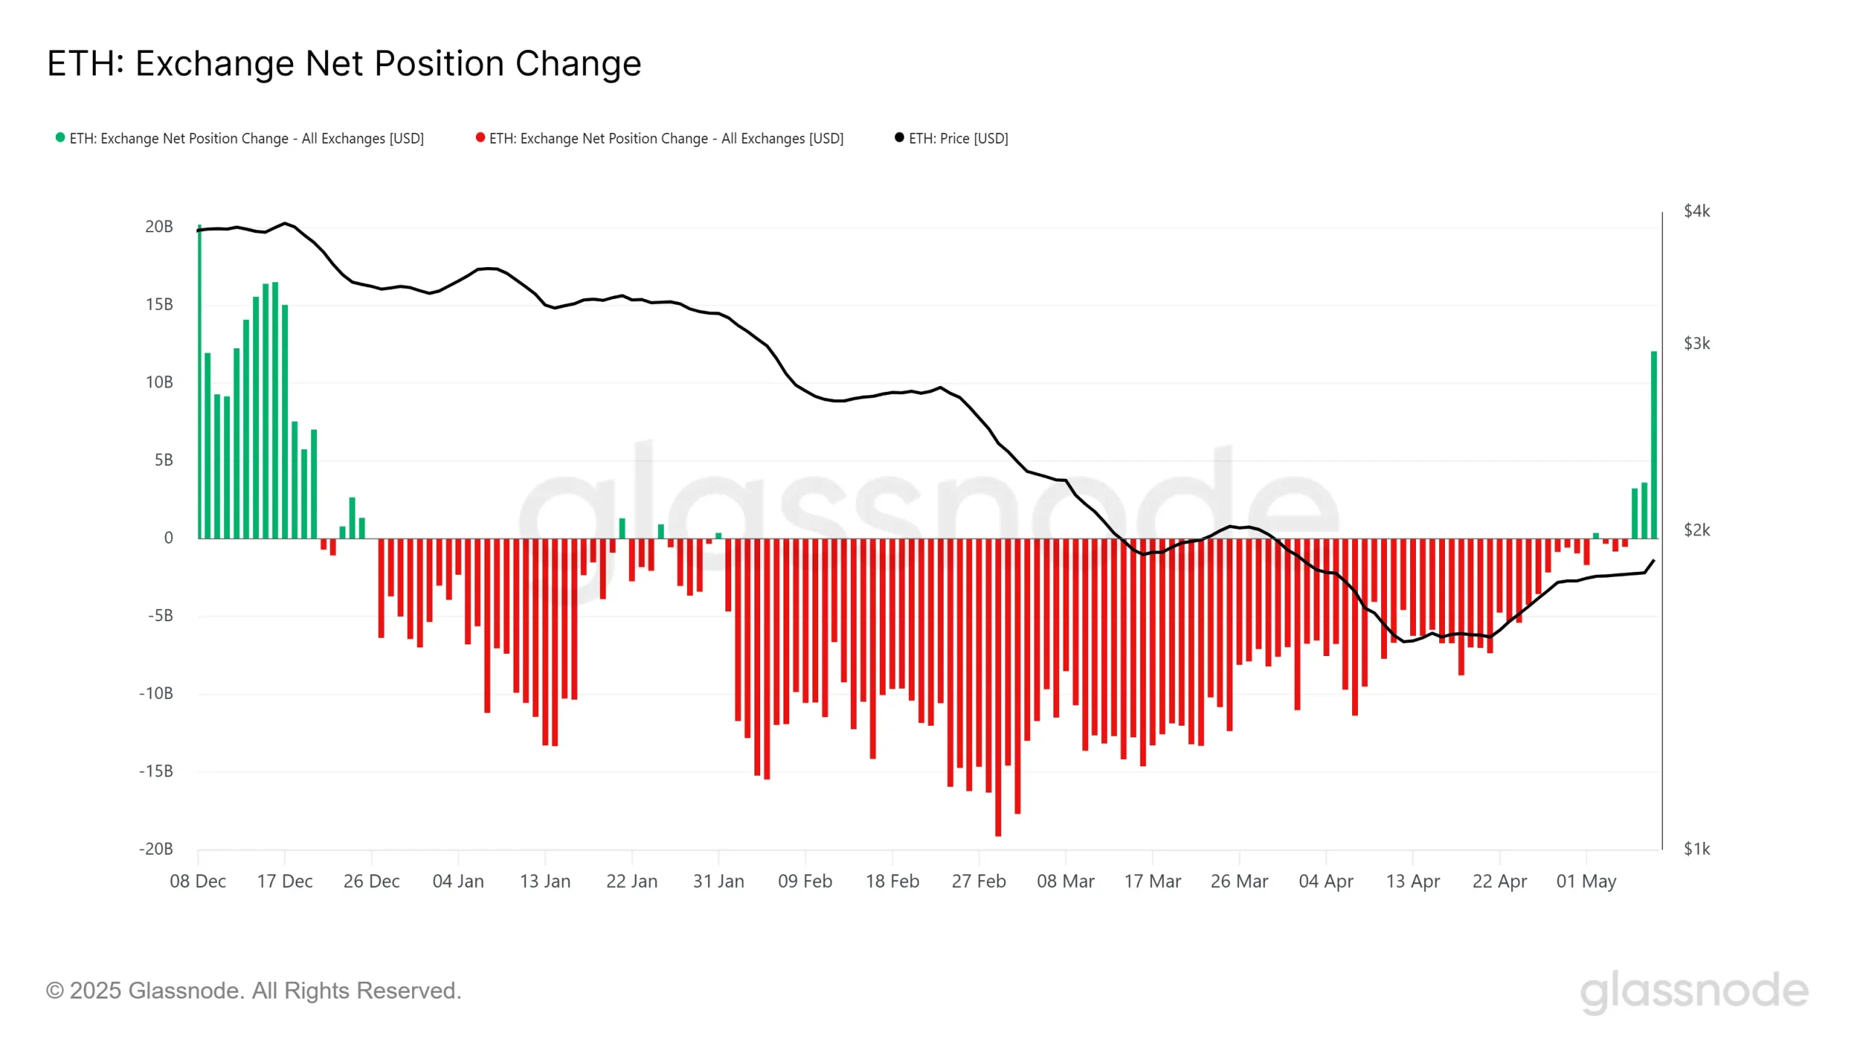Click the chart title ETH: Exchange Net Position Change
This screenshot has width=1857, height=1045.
coord(344,64)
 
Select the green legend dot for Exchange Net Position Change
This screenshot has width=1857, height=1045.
coord(60,138)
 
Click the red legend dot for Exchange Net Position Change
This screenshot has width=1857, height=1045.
coord(480,138)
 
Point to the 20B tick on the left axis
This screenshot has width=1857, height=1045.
coord(159,226)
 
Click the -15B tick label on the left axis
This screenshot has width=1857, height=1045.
coord(156,771)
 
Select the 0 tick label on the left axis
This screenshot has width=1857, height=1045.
coord(168,538)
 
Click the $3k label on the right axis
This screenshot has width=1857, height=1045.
coord(1696,343)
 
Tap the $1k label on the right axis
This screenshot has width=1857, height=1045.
coord(1696,848)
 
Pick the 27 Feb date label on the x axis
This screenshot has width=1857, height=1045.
coord(979,881)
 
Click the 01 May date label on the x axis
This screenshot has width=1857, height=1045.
coord(1586,881)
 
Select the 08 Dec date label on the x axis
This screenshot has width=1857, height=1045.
coord(198,881)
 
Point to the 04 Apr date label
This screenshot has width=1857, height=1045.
coord(1325,881)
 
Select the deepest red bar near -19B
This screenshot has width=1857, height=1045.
coord(998,689)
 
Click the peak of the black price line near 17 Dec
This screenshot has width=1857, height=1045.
coord(284,224)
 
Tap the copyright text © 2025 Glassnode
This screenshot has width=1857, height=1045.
coord(254,991)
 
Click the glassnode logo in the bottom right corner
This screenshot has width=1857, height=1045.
coord(1694,991)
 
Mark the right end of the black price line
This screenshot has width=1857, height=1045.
coord(1653,561)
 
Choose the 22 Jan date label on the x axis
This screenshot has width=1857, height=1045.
coord(632,881)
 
